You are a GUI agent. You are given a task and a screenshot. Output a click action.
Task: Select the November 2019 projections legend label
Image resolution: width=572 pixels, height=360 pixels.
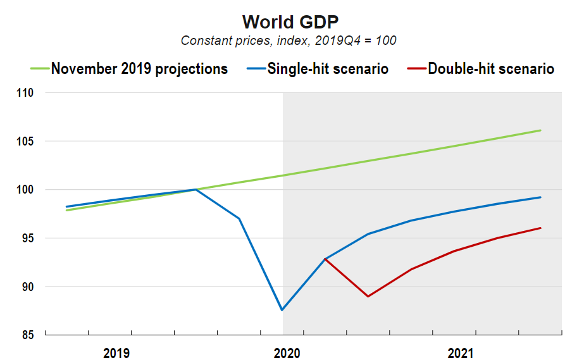tap(139, 68)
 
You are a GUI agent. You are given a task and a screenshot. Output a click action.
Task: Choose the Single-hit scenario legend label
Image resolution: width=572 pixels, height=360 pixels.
tap(328, 68)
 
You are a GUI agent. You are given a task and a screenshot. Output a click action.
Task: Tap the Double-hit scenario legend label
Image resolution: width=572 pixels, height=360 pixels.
tap(491, 68)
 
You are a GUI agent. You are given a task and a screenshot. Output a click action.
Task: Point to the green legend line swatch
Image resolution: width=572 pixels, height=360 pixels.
tap(39, 68)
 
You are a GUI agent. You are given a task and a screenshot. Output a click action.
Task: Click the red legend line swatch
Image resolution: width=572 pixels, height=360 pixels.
tap(413, 68)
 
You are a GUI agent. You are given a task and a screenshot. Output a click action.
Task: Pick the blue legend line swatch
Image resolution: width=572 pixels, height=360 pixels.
tap(252, 68)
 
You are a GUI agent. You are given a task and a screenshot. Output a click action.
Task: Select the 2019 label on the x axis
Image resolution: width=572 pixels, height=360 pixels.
tap(116, 352)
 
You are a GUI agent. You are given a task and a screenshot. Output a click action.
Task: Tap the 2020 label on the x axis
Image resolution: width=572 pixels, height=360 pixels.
tap(287, 352)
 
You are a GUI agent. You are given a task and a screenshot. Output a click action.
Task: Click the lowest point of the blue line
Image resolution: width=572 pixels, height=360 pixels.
tap(282, 310)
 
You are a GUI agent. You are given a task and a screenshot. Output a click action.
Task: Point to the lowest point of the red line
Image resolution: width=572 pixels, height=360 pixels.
tap(368, 296)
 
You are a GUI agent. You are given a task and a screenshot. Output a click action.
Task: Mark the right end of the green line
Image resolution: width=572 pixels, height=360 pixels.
tap(540, 130)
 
